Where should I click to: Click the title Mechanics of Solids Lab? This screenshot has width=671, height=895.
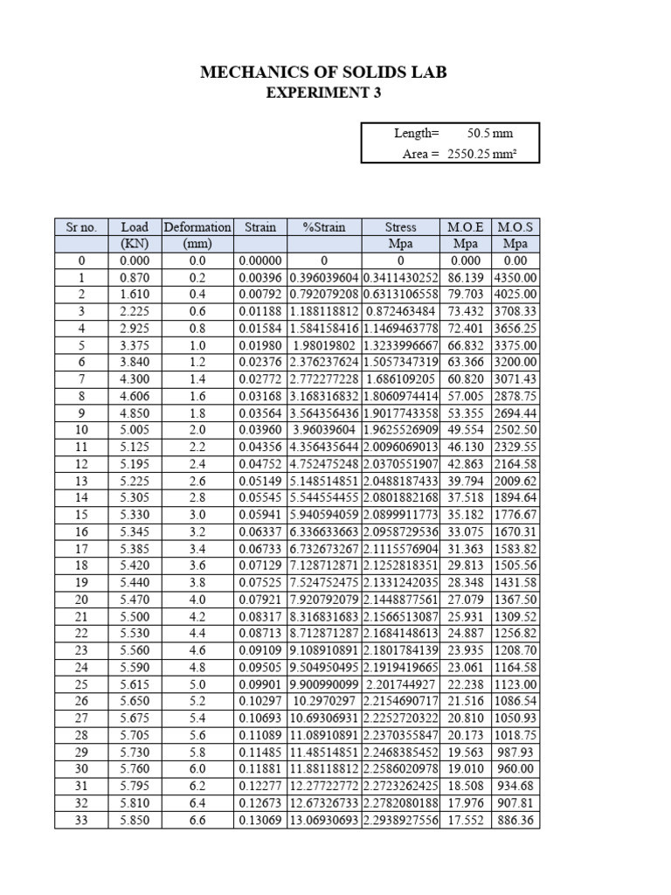pyautogui.click(x=323, y=73)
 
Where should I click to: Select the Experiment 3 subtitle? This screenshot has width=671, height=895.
pyautogui.click(x=323, y=94)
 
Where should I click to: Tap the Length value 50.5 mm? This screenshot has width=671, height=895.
pyautogui.click(x=490, y=134)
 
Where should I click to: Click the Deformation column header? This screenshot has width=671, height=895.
pyautogui.click(x=197, y=227)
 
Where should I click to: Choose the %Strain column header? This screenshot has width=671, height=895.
pyautogui.click(x=324, y=227)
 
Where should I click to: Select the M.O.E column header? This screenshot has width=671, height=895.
pyautogui.click(x=465, y=227)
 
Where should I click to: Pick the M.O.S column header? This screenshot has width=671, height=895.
pyautogui.click(x=515, y=227)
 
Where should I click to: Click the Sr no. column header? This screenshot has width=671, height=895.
pyautogui.click(x=81, y=227)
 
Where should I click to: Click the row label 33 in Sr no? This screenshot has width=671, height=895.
pyautogui.click(x=81, y=821)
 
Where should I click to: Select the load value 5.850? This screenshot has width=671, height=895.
pyautogui.click(x=135, y=821)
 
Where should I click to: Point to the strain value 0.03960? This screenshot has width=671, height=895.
pyautogui.click(x=260, y=431)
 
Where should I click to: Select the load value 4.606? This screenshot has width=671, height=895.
pyautogui.click(x=135, y=397)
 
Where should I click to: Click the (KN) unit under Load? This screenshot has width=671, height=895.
pyautogui.click(x=135, y=244)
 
